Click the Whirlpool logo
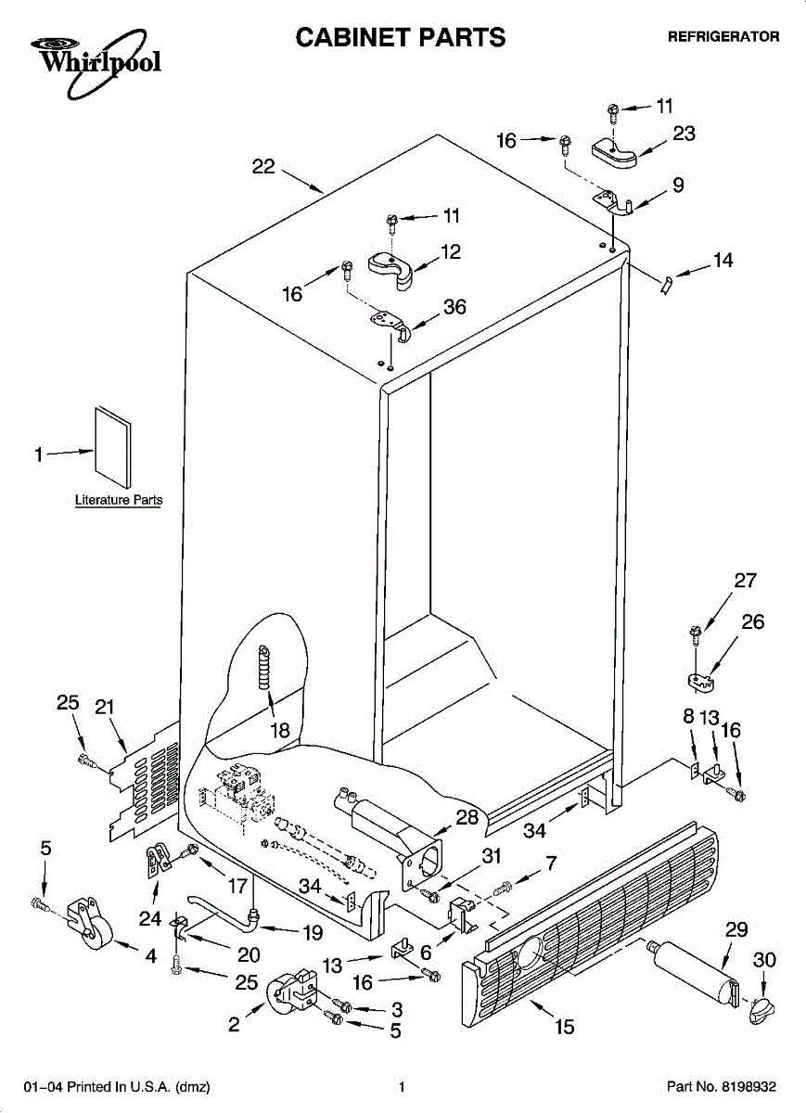[x=96, y=62]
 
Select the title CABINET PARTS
[x=401, y=37]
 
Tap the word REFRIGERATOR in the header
[x=723, y=37]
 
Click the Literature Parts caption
[x=119, y=499]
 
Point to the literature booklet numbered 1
[x=113, y=447]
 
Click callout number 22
[x=263, y=166]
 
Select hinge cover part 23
[x=615, y=153]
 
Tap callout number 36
[x=454, y=307]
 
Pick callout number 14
[x=723, y=260]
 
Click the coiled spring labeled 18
[x=264, y=666]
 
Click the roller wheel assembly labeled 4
[x=88, y=923]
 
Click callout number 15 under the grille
[x=565, y=1027]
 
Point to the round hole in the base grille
[x=531, y=952]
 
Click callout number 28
[x=467, y=817]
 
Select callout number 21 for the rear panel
[x=105, y=707]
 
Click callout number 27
[x=746, y=580]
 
